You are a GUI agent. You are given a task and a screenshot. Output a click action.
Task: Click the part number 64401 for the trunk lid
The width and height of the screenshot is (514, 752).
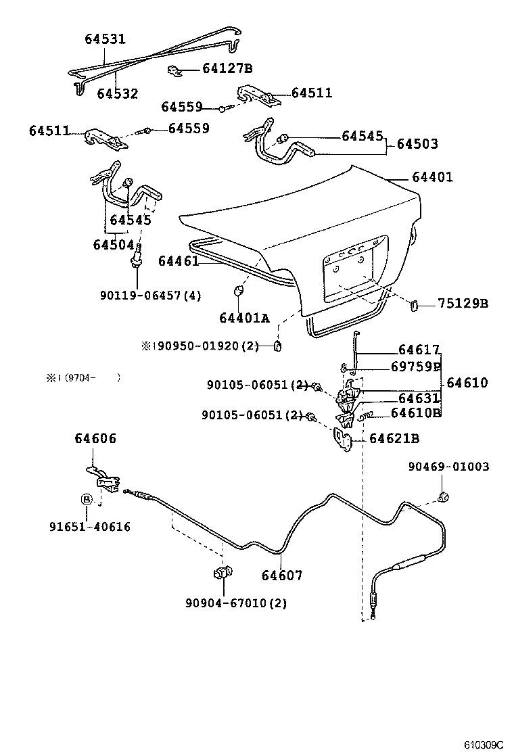433,178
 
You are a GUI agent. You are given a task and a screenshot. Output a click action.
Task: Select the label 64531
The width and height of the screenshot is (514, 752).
105,39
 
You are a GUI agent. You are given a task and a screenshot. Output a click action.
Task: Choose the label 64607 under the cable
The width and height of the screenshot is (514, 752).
282,575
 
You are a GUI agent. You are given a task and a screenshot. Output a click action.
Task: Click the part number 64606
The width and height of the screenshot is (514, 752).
95,438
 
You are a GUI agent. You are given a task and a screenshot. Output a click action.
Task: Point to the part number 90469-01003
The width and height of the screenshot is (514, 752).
448,467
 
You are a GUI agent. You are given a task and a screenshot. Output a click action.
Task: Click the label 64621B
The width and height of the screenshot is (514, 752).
394,439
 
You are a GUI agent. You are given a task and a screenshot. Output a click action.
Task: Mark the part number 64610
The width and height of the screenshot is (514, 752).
467,383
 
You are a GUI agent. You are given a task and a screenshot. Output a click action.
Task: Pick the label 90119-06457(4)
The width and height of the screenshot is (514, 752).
151,296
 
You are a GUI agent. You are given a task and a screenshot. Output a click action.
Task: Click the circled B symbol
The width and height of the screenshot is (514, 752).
87,499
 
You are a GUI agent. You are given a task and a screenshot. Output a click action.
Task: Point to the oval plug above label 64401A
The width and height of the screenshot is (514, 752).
237,292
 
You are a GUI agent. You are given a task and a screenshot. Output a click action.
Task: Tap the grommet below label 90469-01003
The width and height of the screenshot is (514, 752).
444,498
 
